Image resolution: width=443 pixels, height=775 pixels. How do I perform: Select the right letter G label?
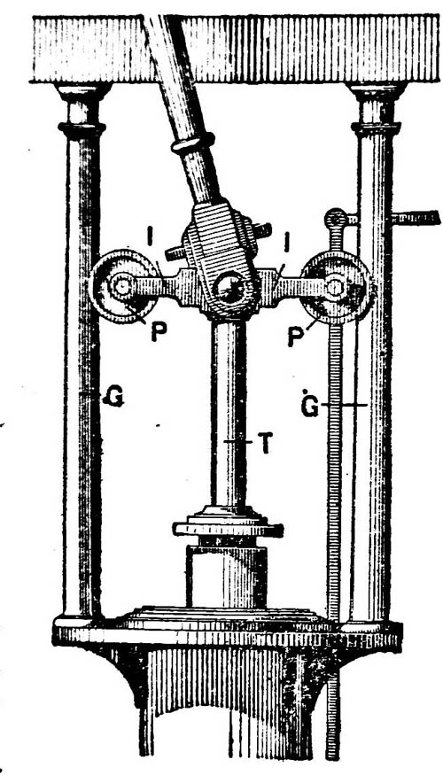(x=310, y=405)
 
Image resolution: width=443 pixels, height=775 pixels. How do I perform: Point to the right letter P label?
(x=296, y=336)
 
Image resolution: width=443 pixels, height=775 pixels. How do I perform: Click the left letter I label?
(x=150, y=235)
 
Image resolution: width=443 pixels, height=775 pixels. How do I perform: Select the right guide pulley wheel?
(x=338, y=287)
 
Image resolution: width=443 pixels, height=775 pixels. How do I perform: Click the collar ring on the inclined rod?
(x=193, y=143)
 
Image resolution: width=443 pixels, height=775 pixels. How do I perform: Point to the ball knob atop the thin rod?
(x=336, y=218)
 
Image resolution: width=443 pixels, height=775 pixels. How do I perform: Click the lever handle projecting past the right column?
(x=415, y=218)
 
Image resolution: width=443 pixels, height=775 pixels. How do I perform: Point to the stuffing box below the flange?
(x=227, y=576)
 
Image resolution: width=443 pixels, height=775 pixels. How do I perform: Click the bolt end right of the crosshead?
(x=262, y=230)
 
